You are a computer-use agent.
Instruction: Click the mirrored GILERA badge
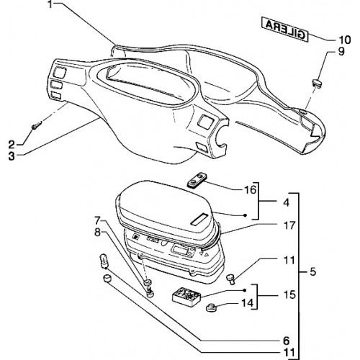[284, 30]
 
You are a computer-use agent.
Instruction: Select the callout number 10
[344, 40]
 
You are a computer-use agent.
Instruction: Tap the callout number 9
[341, 51]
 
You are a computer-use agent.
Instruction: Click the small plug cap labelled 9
[317, 84]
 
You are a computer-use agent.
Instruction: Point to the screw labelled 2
[37, 125]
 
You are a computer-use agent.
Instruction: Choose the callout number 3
[11, 156]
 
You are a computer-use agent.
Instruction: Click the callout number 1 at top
[50, 4]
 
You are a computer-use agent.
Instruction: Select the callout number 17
[289, 225]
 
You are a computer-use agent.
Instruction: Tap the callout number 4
[286, 203]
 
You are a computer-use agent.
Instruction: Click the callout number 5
[312, 271]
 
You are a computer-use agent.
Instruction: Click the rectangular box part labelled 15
[186, 297]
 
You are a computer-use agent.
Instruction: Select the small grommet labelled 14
[210, 307]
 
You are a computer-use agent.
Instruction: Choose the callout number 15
[289, 294]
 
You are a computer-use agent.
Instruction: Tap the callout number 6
[286, 341]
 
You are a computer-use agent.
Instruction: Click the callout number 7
[97, 220]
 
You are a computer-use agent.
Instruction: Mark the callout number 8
[97, 233]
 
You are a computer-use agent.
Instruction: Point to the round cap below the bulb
[107, 279]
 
